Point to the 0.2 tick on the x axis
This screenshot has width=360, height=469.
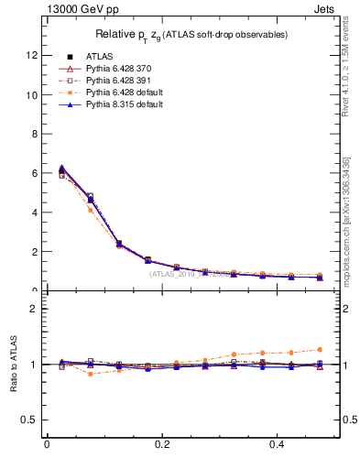click(x=162, y=445)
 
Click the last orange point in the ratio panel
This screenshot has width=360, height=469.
click(x=319, y=349)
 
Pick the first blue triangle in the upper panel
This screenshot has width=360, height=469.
click(x=61, y=168)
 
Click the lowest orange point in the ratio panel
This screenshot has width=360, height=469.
click(x=90, y=374)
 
